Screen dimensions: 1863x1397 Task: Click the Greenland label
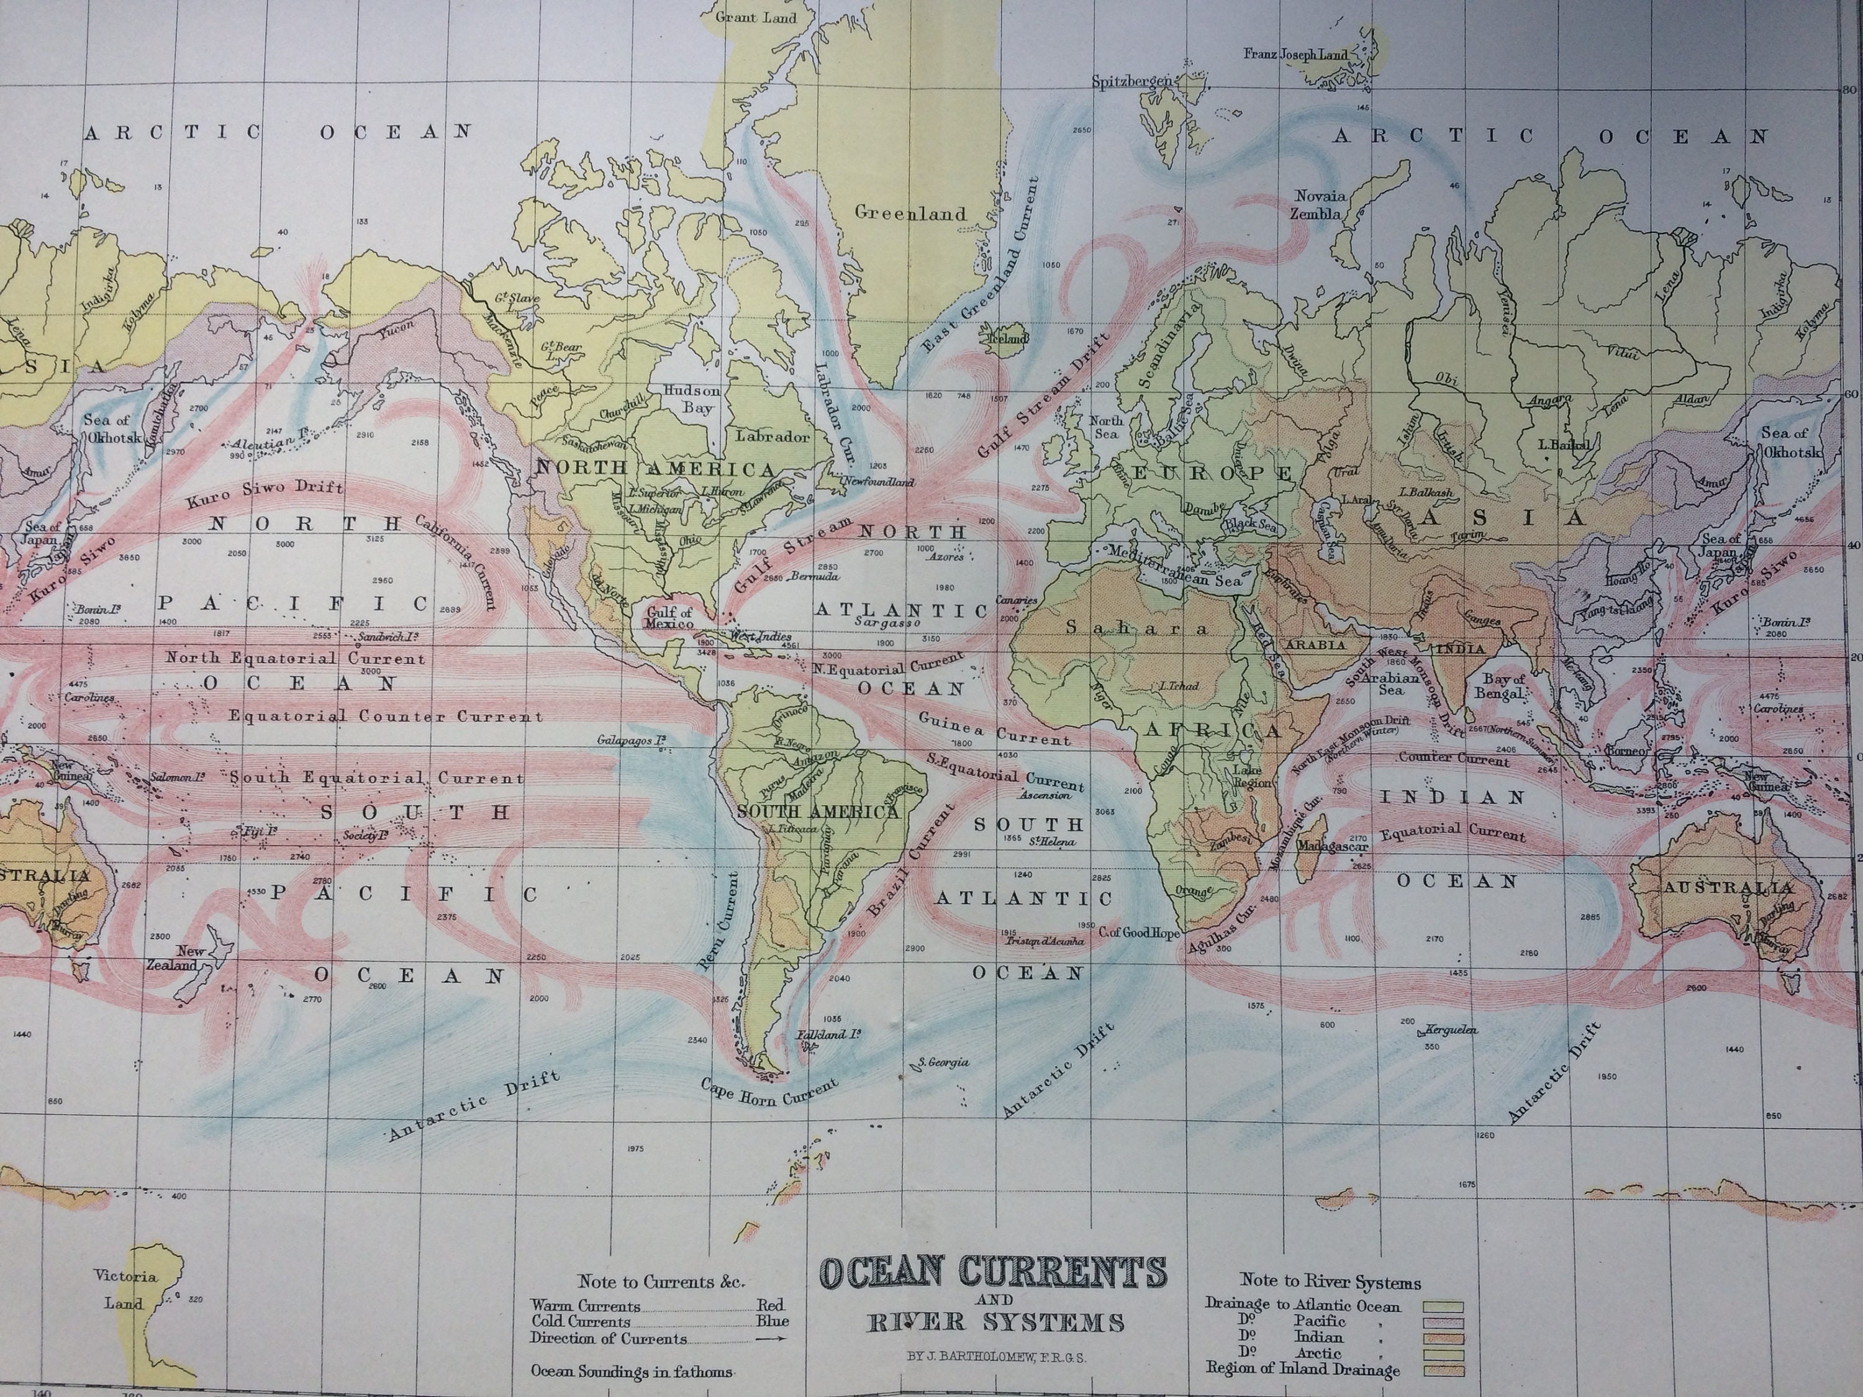coord(910,213)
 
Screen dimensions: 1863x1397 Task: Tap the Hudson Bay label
coord(691,399)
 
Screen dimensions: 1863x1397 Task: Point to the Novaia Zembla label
coord(1320,205)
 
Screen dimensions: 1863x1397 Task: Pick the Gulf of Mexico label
coord(669,617)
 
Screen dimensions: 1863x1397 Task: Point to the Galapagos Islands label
coord(632,741)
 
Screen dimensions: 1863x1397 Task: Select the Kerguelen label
coord(1451,1029)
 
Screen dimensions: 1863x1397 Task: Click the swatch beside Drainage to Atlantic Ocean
coord(1443,1308)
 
